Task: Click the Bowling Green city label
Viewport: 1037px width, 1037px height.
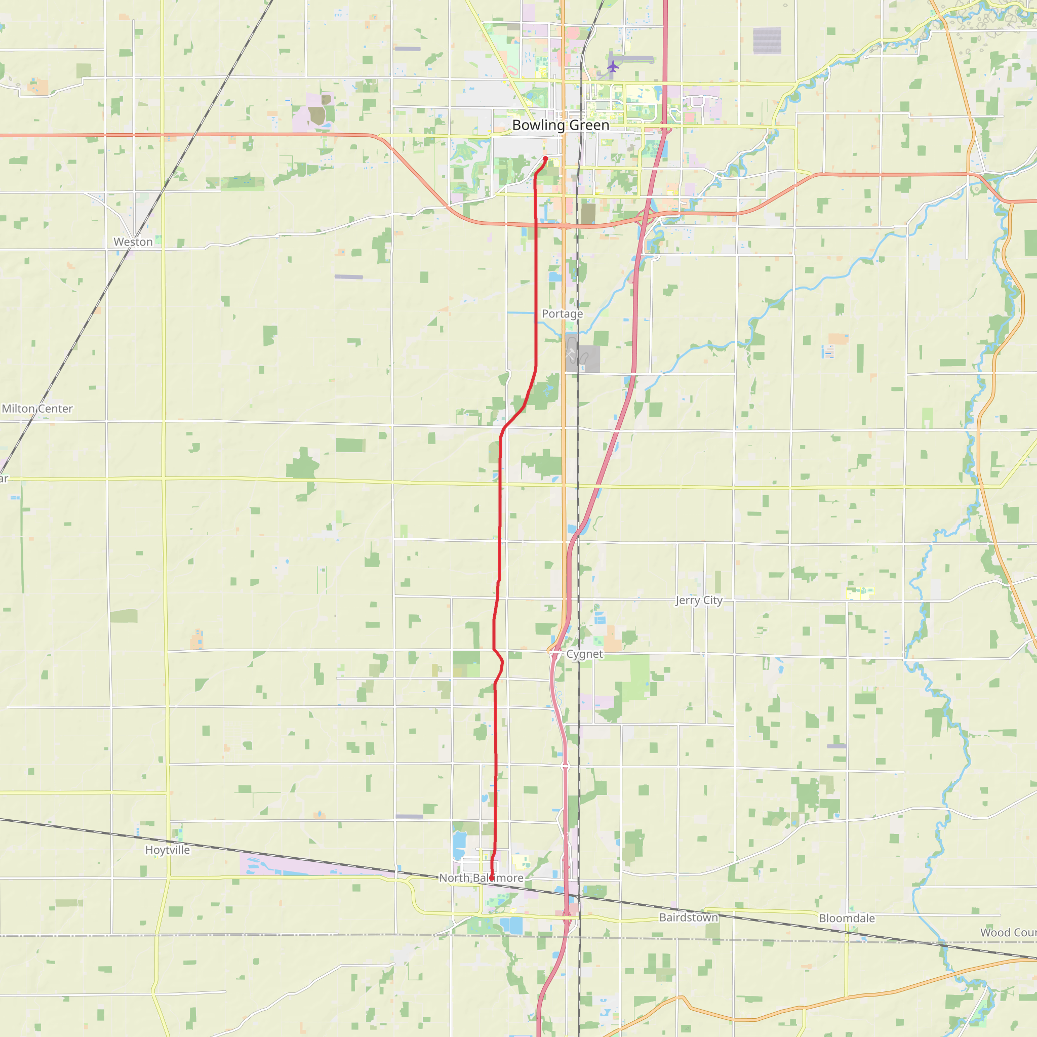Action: (561, 125)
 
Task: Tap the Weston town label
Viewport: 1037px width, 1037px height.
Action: (133, 242)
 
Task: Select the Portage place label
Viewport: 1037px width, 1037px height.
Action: (562, 313)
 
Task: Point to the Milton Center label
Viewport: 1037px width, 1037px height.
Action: (37, 409)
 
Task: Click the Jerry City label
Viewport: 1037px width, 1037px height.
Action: (699, 600)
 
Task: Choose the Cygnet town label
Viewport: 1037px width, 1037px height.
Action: (584, 654)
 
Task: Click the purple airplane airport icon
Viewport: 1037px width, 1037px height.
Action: (613, 66)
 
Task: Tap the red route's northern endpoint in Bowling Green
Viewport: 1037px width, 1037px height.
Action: (546, 158)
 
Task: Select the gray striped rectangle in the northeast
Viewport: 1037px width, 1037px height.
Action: (767, 41)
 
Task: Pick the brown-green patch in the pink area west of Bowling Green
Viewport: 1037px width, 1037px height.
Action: (316, 115)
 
